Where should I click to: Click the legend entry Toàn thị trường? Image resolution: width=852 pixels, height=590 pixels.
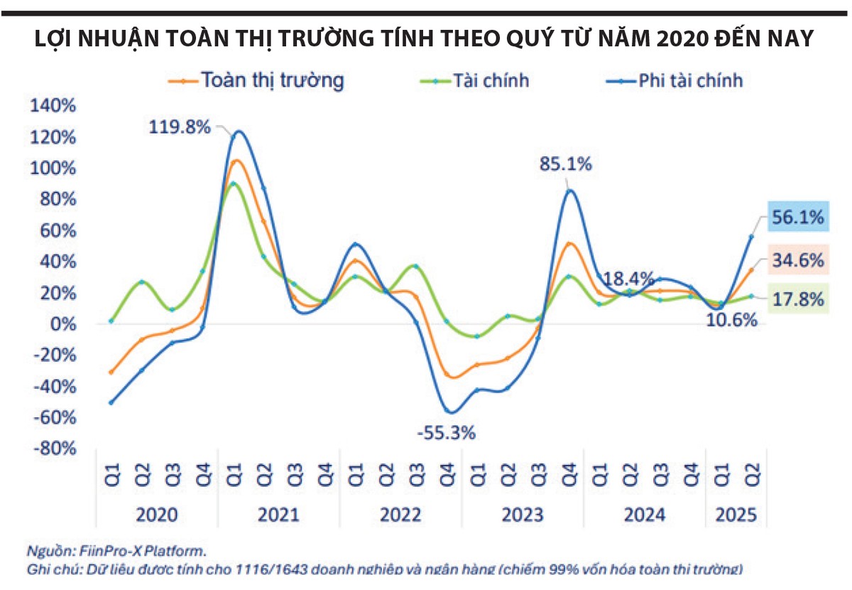coord(256,81)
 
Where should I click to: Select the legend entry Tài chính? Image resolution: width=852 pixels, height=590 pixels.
coord(474,81)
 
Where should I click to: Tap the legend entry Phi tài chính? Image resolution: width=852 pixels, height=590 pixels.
coord(674,81)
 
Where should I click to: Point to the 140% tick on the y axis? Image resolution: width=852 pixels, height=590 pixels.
coord(53,105)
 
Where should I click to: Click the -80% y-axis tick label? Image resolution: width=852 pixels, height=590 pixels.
coord(55,449)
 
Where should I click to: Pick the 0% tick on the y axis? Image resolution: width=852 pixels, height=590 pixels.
coord(63,324)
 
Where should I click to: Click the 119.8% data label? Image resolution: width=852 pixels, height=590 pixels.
coord(180,127)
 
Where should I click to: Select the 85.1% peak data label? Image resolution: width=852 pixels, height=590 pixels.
coord(566,164)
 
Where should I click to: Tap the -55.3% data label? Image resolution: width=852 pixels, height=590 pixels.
coord(446,433)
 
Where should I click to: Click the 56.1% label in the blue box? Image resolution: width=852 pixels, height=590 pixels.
coord(798,217)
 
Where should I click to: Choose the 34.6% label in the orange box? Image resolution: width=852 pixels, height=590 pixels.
coord(798,261)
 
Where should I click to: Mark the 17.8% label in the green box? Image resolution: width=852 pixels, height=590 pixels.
coord(798,299)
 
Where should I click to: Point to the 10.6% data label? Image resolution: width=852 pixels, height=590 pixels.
coord(732,321)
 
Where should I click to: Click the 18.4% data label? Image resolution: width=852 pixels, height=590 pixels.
coord(628,279)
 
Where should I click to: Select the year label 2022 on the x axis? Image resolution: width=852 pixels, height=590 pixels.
coord(400,515)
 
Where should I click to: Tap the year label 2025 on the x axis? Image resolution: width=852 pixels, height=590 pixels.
coord(736,515)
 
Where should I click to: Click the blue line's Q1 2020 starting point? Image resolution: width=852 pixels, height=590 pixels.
coord(111,402)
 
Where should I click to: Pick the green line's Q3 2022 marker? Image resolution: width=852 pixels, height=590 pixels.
coord(416,267)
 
